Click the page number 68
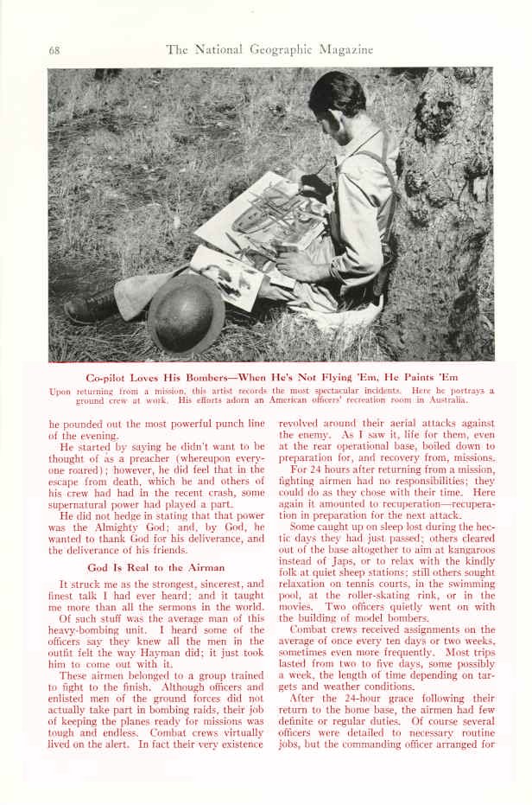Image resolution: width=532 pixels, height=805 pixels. (x=54, y=49)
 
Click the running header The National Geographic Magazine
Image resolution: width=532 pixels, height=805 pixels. (x=269, y=49)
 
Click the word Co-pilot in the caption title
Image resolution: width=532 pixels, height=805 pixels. (x=111, y=377)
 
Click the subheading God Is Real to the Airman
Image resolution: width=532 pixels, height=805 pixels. (x=155, y=567)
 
